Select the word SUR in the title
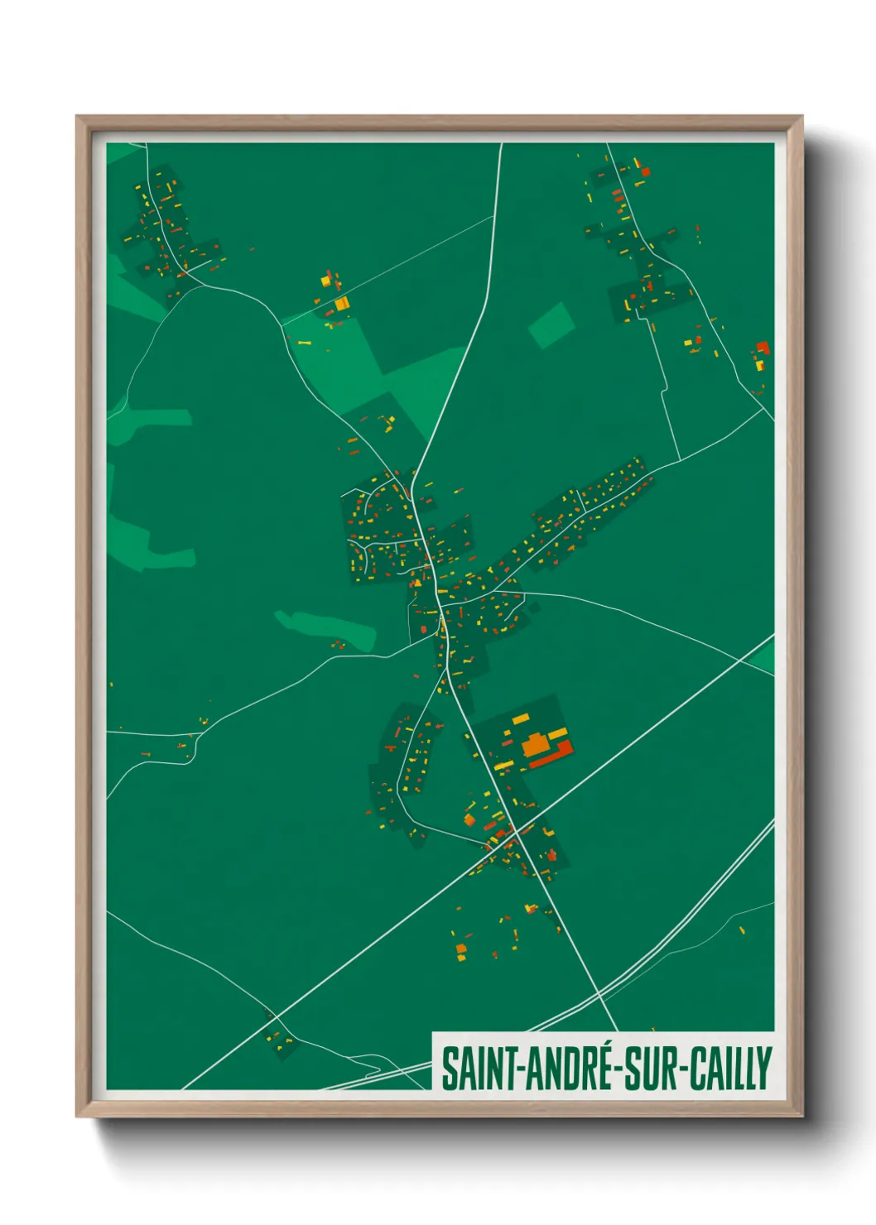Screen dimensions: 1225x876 (x=647, y=1069)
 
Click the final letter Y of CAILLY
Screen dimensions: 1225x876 (x=764, y=1069)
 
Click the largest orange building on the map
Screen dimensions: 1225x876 (x=537, y=743)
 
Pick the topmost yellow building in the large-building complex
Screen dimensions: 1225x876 (x=521, y=718)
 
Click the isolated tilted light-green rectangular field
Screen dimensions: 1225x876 (x=551, y=324)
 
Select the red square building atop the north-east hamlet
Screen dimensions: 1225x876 (x=645, y=172)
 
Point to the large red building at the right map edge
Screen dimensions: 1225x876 (x=763, y=348)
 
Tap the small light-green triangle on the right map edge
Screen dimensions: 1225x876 (x=765, y=658)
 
